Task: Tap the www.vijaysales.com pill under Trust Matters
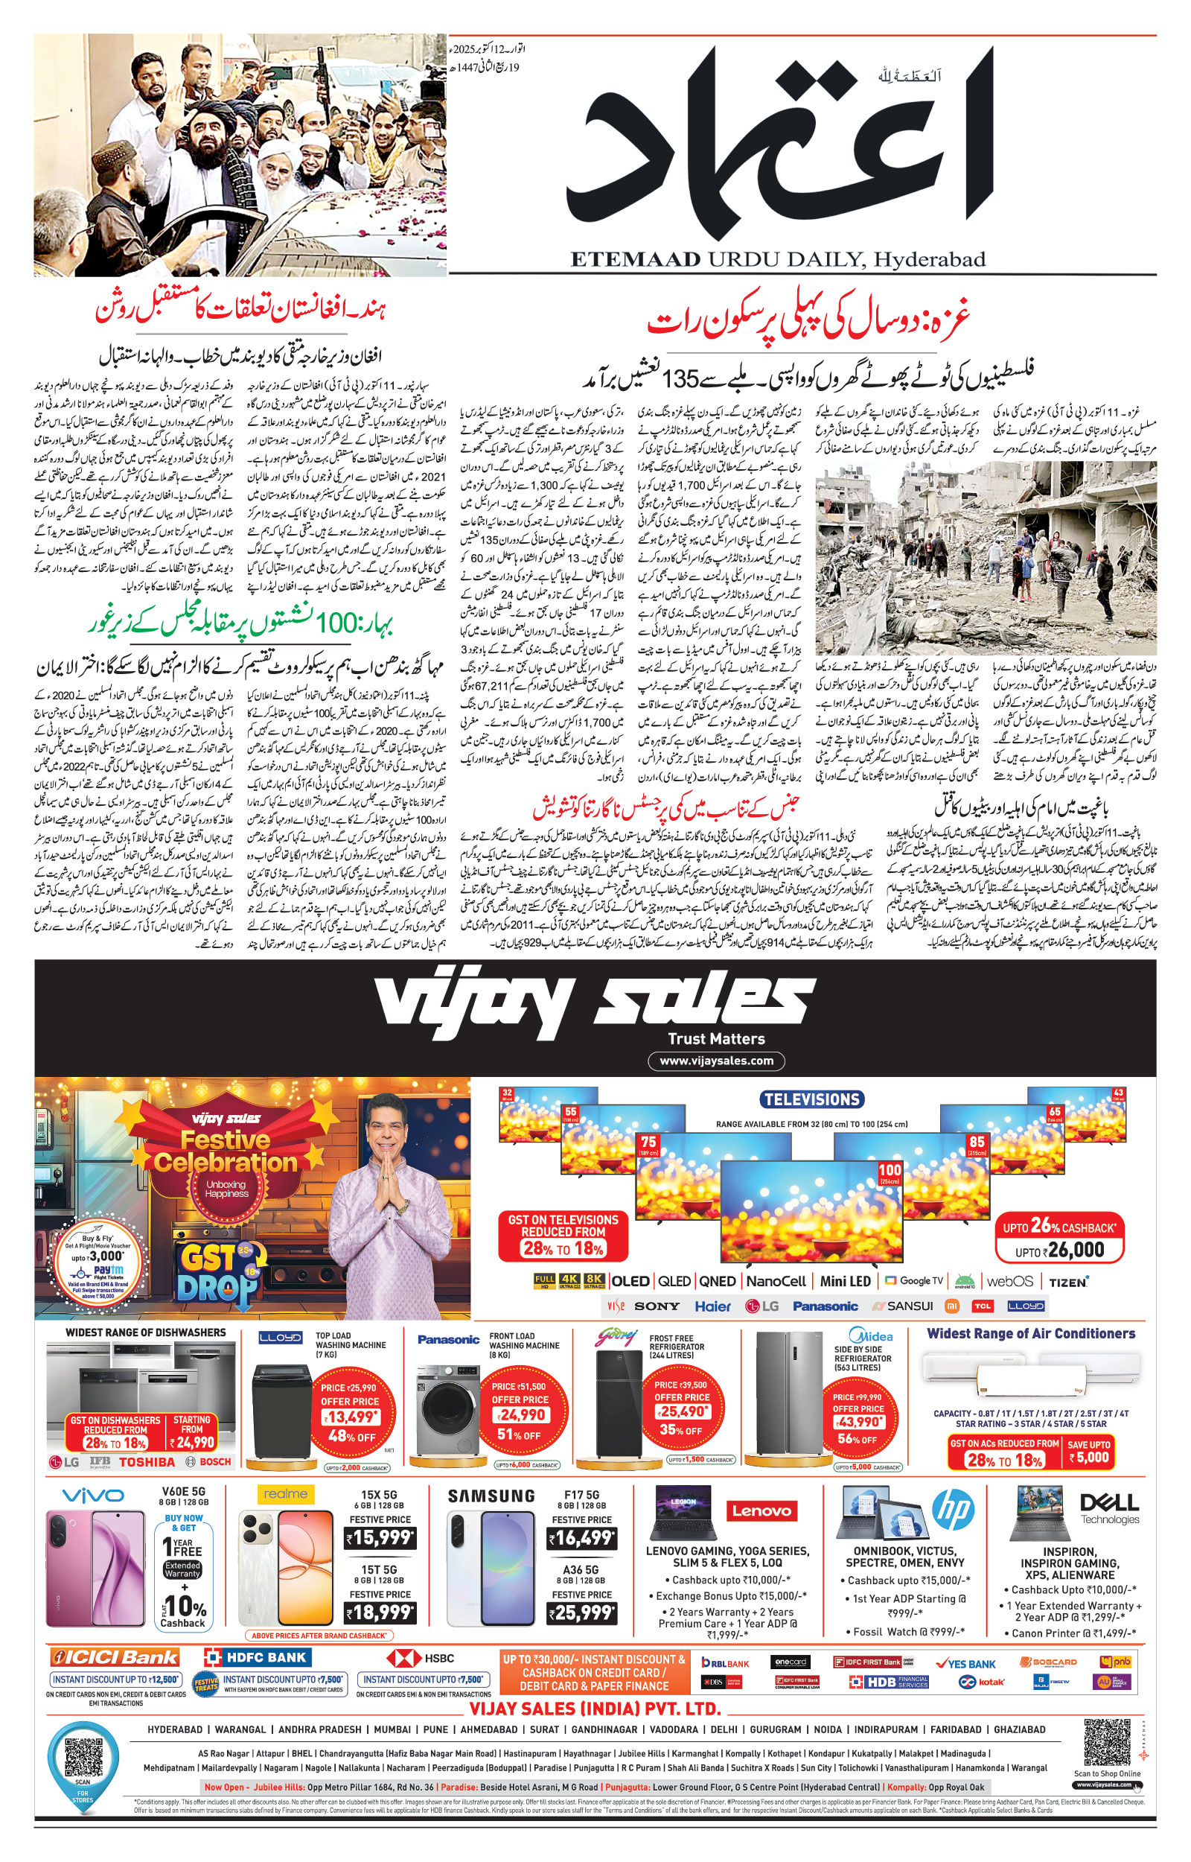click(x=715, y=1061)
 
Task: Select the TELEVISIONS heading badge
click(x=811, y=1099)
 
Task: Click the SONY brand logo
click(x=657, y=1306)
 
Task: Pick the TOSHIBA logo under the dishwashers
click(x=146, y=1462)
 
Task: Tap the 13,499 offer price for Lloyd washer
click(x=351, y=1417)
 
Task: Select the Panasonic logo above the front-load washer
click(x=449, y=1340)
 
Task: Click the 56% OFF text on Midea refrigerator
click(x=857, y=1439)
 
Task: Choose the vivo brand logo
click(x=93, y=1496)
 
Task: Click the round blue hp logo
click(x=953, y=1509)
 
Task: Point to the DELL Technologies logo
click(x=1109, y=1507)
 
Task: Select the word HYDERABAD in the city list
click(x=175, y=1729)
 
